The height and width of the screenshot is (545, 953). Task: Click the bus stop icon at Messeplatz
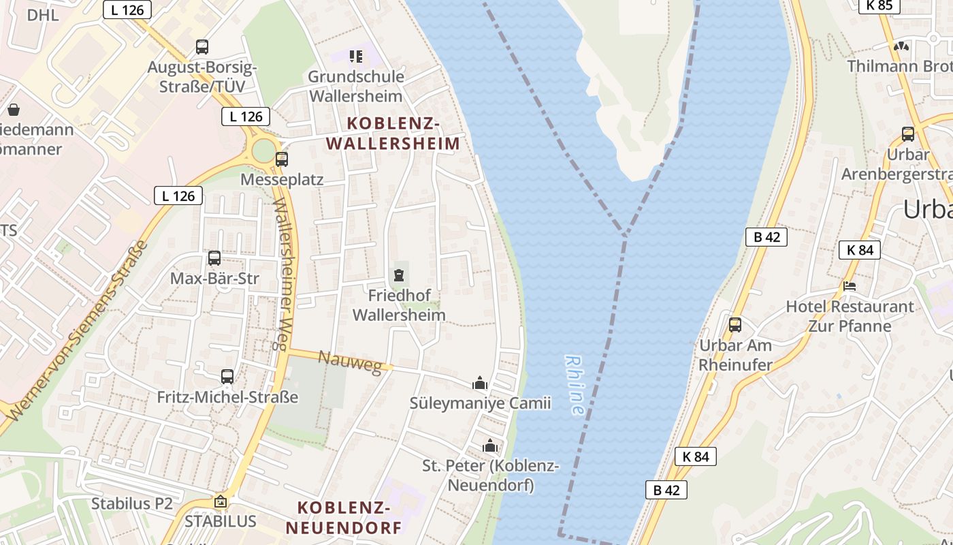pyautogui.click(x=281, y=159)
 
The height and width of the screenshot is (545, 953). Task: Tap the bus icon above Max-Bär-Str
pyautogui.click(x=214, y=258)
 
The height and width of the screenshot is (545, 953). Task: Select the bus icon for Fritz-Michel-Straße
pyautogui.click(x=227, y=376)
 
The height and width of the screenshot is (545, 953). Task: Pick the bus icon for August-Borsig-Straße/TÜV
pyautogui.click(x=202, y=47)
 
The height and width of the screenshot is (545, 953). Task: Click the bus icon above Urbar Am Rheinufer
pyautogui.click(x=735, y=325)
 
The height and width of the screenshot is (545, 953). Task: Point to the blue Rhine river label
pyautogui.click(x=575, y=385)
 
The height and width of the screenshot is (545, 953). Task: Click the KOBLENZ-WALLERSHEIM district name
pyautogui.click(x=393, y=134)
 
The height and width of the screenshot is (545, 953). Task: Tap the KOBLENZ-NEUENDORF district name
pyautogui.click(x=344, y=517)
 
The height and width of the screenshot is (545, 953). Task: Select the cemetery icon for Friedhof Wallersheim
pyautogui.click(x=398, y=275)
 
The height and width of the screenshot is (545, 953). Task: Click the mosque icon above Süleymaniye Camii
pyautogui.click(x=480, y=384)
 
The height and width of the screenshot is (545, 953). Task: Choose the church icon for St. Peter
pyautogui.click(x=490, y=446)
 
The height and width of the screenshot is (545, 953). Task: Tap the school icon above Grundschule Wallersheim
pyautogui.click(x=356, y=56)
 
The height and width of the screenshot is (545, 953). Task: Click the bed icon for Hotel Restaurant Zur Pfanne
pyautogui.click(x=850, y=286)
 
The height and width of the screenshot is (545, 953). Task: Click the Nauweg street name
pyautogui.click(x=350, y=362)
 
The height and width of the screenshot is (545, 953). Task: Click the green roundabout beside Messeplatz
pyautogui.click(x=263, y=151)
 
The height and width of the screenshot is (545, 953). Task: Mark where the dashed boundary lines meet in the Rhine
pyautogui.click(x=624, y=236)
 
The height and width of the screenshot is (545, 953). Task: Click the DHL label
pyautogui.click(x=43, y=15)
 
